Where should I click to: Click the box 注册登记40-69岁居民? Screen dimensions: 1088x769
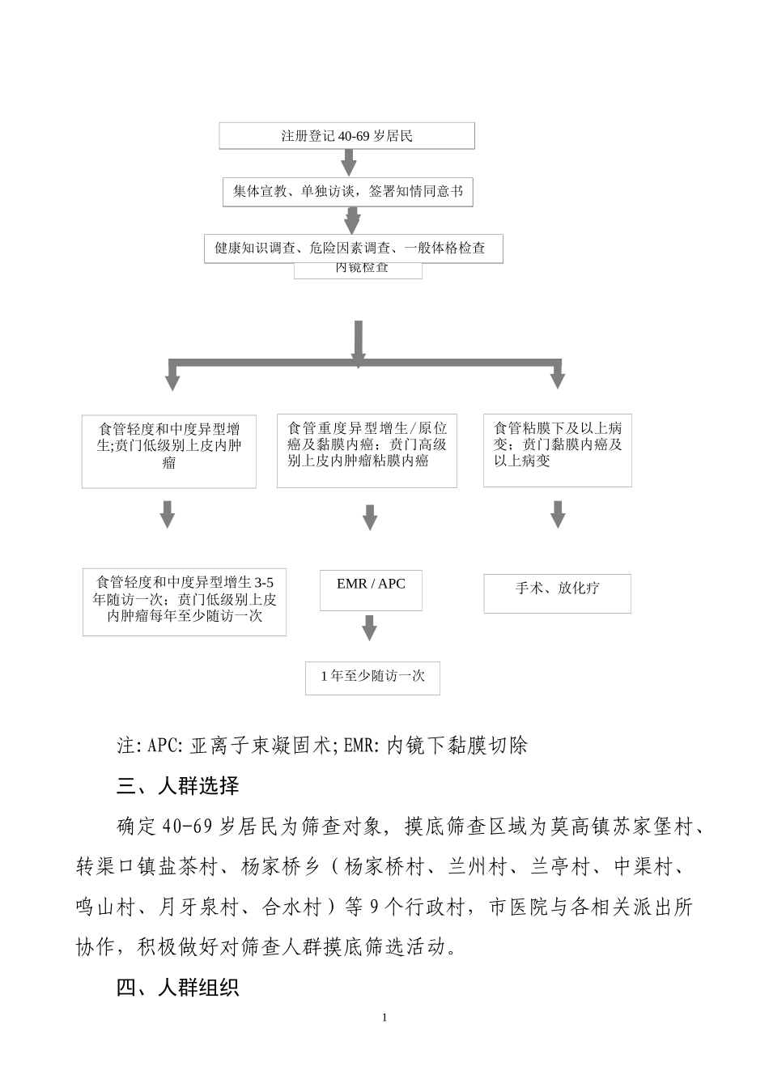(x=346, y=136)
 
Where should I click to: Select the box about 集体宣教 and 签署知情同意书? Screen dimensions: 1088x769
(x=348, y=192)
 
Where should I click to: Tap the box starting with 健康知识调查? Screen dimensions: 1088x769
(x=353, y=249)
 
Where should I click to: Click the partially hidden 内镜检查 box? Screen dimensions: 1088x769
(x=361, y=270)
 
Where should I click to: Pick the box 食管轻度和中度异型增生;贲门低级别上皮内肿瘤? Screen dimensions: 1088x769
(x=169, y=452)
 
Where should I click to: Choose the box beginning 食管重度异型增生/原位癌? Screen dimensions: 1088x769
(x=367, y=451)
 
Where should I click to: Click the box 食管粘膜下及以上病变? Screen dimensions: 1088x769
(x=557, y=451)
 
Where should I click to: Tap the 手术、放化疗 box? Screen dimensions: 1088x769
(x=557, y=593)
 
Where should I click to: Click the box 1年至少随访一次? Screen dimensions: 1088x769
(x=372, y=677)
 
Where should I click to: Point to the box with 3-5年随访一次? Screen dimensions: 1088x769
(x=185, y=601)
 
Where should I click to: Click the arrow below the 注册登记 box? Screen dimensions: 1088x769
(x=348, y=163)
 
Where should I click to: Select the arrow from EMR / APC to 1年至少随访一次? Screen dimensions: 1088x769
(x=370, y=627)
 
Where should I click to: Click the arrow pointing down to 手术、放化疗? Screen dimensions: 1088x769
(x=558, y=514)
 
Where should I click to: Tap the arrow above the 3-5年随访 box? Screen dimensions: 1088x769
(x=168, y=514)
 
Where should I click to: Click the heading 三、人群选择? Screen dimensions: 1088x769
(x=178, y=785)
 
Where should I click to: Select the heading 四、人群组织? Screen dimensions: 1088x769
(x=178, y=988)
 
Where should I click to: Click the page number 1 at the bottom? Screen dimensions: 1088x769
(x=384, y=1018)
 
